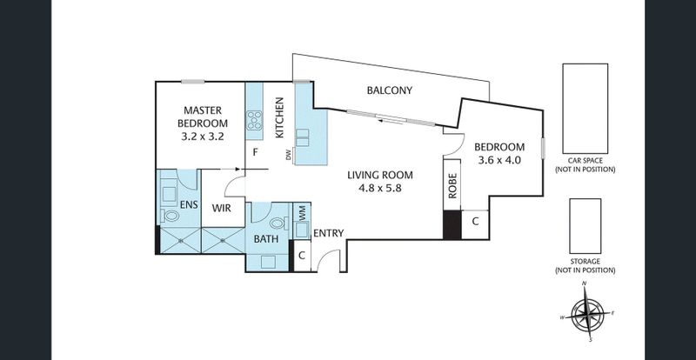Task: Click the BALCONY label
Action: [x=389, y=90]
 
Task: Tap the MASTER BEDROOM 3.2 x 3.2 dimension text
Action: [x=203, y=137]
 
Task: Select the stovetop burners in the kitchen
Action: [x=254, y=120]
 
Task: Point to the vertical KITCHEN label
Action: [x=279, y=117]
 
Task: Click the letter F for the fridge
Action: [x=255, y=152]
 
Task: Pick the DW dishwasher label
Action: [x=289, y=155]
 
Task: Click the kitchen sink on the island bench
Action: [x=303, y=137]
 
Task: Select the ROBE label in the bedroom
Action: [x=452, y=185]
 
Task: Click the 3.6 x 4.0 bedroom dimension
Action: [x=499, y=160]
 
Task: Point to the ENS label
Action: [x=189, y=204]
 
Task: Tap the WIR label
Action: [x=221, y=208]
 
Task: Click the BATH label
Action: [x=266, y=239]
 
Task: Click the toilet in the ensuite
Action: [x=170, y=216]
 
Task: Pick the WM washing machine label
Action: [x=302, y=214]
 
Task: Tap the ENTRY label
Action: [x=329, y=233]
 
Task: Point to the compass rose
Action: [x=587, y=313]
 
